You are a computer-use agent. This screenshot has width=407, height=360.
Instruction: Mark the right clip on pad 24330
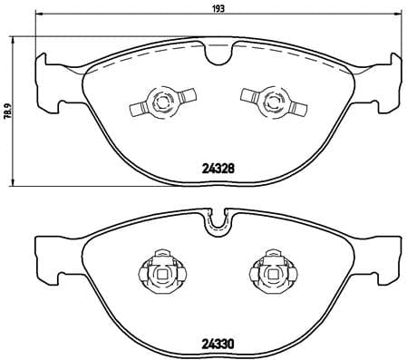269,272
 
